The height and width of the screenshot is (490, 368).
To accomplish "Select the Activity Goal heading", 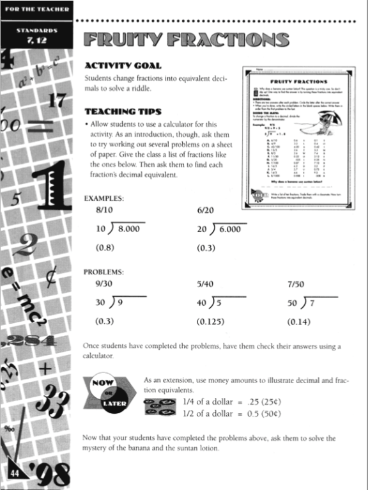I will click(x=123, y=65).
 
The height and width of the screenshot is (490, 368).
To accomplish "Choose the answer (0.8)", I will click(x=105, y=247).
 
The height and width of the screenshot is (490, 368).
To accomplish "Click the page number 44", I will click(x=13, y=474).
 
